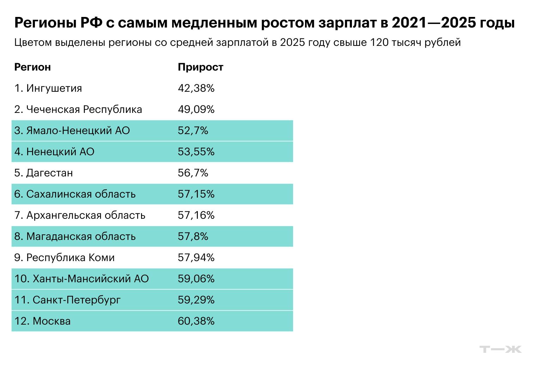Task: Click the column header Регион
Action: (32, 67)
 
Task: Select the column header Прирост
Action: (200, 67)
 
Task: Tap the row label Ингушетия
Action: (54, 88)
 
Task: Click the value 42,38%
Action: (196, 88)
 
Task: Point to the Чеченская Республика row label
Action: (84, 109)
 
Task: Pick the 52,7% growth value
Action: (193, 131)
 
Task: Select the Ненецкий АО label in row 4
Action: (60, 152)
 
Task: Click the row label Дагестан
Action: (49, 173)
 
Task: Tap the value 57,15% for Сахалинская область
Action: (196, 194)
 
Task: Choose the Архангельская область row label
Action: (86, 215)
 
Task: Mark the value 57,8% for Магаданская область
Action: (193, 236)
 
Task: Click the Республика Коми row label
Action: (71, 258)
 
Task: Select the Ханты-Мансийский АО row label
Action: (91, 279)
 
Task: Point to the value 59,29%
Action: (196, 300)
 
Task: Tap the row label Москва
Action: (51, 321)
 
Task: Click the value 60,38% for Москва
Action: (196, 321)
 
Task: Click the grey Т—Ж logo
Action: (500, 349)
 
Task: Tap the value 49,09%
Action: (196, 109)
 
